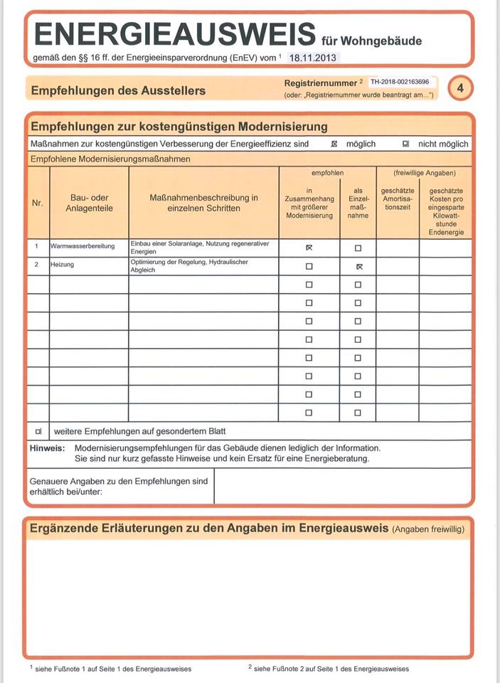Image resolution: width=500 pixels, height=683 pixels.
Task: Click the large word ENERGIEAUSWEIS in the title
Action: (174, 34)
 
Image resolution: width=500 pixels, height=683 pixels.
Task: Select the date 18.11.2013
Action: (314, 58)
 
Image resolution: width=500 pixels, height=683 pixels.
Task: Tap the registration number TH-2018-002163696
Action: (405, 83)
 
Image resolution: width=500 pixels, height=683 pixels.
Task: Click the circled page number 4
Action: (460, 88)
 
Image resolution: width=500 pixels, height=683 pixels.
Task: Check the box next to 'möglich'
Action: (334, 144)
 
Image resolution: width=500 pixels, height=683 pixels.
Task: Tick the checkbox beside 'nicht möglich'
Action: (406, 144)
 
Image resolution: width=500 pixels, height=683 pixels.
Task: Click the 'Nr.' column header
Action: (38, 203)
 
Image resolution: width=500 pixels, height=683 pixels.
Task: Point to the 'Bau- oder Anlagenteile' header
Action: (89, 203)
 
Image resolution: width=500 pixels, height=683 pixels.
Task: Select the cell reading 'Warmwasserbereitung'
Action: (83, 246)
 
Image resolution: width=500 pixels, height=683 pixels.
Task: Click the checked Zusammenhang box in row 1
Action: (309, 248)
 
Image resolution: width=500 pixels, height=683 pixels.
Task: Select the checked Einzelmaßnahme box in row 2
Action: (358, 266)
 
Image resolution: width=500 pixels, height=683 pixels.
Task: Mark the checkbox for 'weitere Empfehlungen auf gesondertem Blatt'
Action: (38, 431)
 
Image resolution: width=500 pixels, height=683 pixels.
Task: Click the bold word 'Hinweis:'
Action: (47, 448)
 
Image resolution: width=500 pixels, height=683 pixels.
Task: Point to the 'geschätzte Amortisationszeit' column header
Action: (397, 198)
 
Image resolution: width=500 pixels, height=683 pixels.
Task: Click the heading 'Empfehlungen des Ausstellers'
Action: (118, 90)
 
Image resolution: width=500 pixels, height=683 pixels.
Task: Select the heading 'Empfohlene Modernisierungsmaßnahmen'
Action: (110, 159)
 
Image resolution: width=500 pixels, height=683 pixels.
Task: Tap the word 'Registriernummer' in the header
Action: (320, 83)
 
